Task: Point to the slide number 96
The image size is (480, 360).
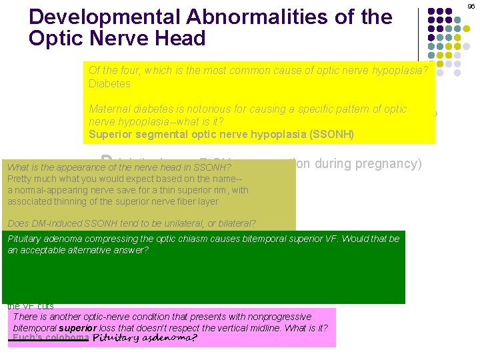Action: [x=471, y=6]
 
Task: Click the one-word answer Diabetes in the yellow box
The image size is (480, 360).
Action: [x=109, y=84]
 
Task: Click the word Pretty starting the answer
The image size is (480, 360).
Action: [x=21, y=179]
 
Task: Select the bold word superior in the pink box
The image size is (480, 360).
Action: [x=78, y=328]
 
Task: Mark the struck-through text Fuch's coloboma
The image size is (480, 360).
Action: [x=50, y=338]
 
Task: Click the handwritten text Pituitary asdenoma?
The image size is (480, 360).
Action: [x=144, y=338]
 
